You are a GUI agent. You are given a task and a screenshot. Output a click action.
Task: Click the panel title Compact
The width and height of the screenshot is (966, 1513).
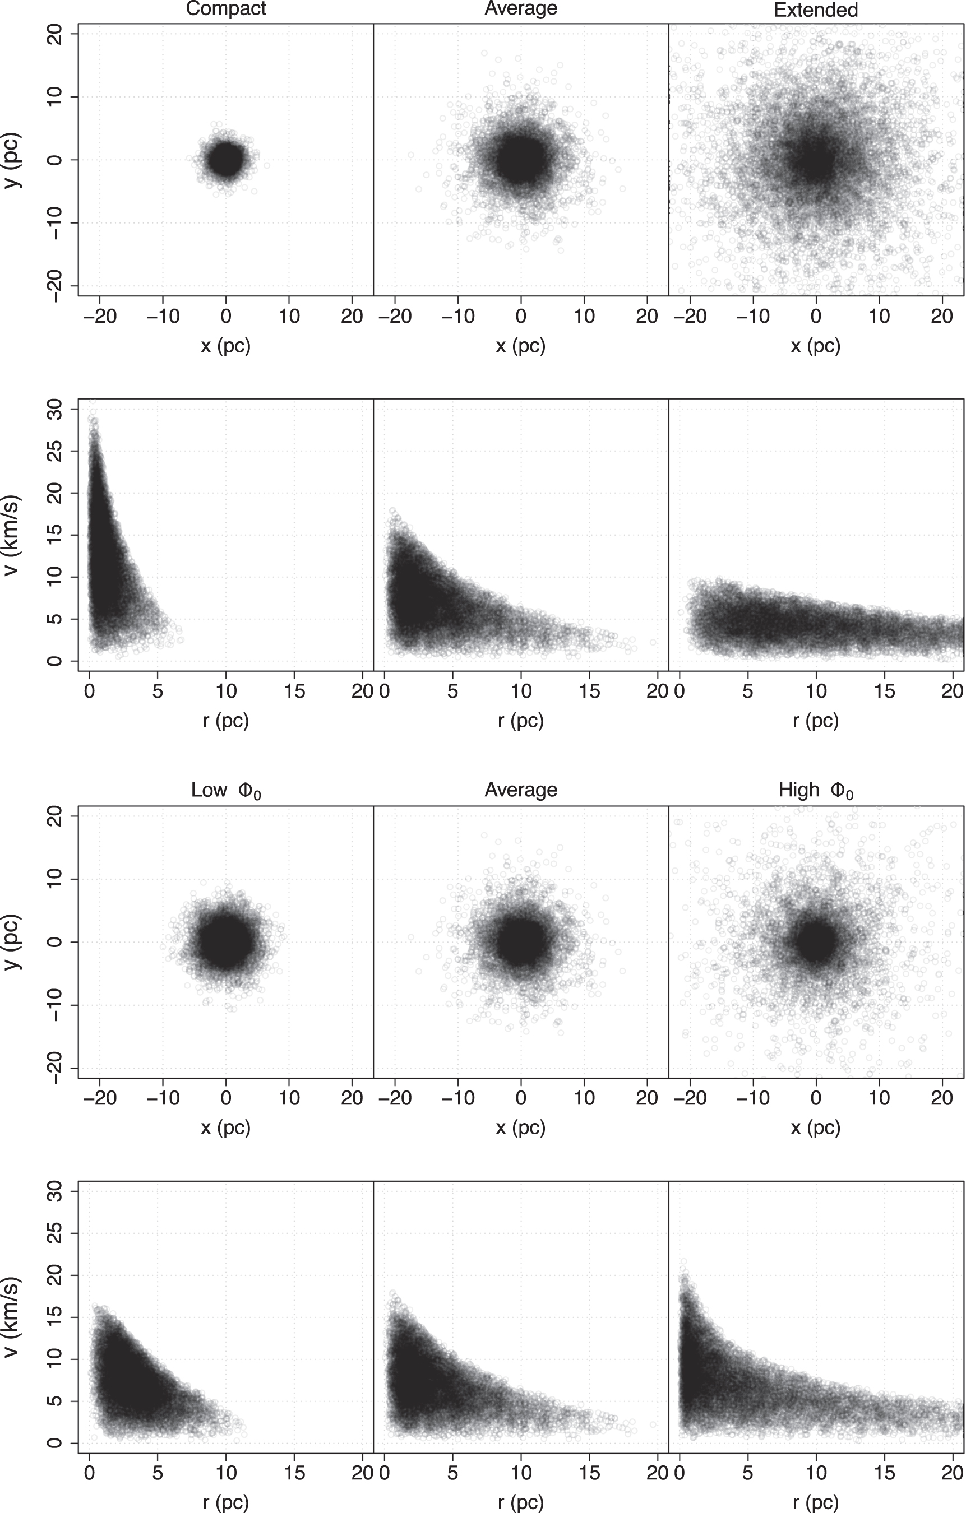click(225, 9)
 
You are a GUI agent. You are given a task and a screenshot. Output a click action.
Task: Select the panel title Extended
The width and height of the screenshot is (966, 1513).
click(815, 10)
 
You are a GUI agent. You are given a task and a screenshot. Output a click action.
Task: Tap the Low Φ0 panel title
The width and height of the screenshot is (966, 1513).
click(225, 791)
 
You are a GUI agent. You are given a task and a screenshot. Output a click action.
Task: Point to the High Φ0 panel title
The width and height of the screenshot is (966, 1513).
click(815, 791)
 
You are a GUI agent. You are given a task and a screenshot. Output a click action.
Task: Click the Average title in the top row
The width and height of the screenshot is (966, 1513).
click(520, 9)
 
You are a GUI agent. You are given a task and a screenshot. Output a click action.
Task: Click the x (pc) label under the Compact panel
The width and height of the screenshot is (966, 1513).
click(225, 345)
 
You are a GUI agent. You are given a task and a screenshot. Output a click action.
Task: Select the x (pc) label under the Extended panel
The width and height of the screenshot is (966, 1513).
click(815, 345)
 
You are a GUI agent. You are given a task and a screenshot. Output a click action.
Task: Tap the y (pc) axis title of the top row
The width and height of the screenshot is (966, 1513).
click(12, 160)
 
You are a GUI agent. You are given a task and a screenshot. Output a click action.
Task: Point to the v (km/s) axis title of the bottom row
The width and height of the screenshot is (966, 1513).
click(12, 1316)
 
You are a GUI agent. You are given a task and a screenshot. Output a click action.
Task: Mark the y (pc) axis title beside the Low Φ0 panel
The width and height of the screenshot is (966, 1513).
click(12, 941)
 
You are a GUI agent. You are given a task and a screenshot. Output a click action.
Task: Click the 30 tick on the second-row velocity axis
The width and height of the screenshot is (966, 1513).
click(56, 409)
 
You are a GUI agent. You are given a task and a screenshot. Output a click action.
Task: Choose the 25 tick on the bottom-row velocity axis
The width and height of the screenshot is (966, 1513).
click(56, 1233)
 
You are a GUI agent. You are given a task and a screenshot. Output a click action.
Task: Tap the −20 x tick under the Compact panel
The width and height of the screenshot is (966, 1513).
click(99, 315)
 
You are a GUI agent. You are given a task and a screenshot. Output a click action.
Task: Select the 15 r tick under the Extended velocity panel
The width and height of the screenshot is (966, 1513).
click(884, 691)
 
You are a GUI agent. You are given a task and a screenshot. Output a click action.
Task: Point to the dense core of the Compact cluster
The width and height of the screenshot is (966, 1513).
click(225, 160)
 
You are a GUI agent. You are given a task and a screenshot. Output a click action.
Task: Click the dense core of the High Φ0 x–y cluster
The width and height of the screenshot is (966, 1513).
click(815, 942)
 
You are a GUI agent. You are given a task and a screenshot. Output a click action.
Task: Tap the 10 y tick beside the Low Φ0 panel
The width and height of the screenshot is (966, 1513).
click(56, 879)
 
